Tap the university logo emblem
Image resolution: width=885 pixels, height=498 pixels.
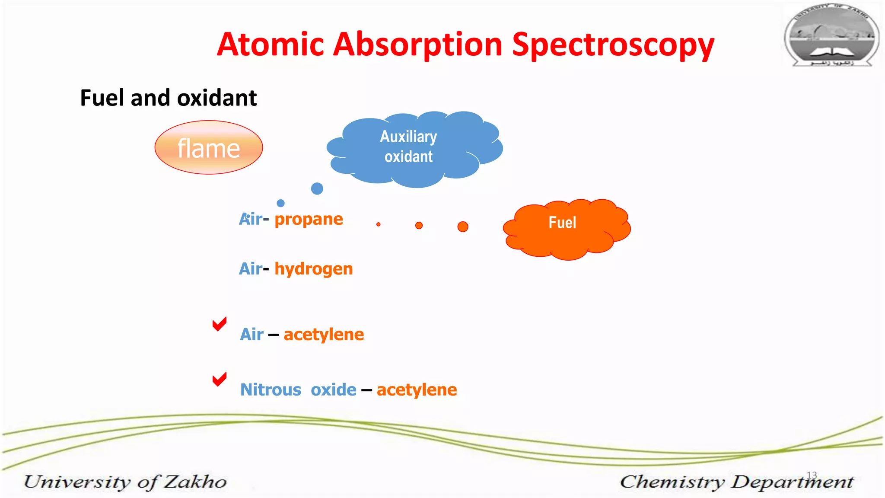831,35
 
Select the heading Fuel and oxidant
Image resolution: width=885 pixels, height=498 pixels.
168,98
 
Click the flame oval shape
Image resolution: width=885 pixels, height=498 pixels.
209,148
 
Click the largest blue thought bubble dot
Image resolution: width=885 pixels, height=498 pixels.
317,188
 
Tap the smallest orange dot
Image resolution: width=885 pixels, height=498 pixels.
379,224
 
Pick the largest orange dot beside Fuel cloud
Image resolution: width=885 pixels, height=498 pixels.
463,227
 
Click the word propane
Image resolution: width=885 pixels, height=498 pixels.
309,219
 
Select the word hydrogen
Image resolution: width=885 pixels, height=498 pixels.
314,269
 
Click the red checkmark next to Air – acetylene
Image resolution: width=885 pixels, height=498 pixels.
220,324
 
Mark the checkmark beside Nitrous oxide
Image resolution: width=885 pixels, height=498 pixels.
220,379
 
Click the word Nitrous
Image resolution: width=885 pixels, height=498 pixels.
271,390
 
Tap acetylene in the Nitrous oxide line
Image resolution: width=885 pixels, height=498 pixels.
417,390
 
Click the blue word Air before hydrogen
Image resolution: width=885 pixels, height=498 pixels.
250,269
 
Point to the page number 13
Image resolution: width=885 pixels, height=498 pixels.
812,475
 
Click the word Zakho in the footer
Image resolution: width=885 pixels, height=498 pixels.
195,482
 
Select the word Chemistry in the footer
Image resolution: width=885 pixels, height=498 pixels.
672,482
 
